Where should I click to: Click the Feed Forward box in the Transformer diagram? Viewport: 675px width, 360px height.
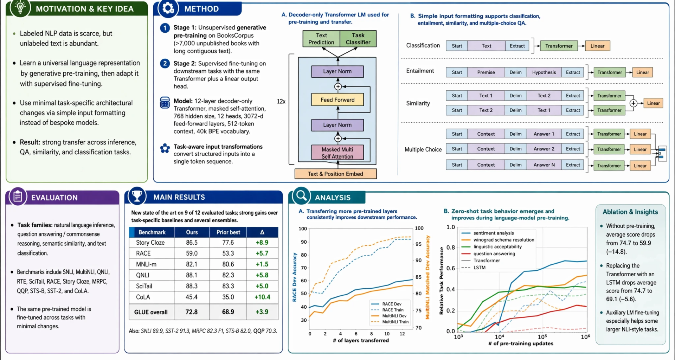337,100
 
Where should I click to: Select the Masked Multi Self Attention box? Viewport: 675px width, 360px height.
337,153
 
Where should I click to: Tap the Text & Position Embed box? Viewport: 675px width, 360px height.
335,174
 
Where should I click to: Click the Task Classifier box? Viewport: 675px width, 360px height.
358,39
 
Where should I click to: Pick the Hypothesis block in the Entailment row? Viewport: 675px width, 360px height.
544,72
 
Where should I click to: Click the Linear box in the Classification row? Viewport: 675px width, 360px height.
597,46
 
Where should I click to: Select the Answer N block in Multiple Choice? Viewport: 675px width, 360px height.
544,165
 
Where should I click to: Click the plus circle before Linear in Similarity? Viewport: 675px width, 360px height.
633,103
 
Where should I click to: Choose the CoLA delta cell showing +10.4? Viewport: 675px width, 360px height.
262,297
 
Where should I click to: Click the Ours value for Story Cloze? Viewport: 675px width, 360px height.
192,243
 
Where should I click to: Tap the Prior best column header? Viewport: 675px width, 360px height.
228,232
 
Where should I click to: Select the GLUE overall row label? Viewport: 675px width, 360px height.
151,312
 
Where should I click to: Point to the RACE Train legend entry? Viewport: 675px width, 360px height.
392,310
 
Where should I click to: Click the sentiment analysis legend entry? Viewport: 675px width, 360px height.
493,233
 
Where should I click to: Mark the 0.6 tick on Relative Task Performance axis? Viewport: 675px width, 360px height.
451,268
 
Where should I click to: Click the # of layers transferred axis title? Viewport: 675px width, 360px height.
361,340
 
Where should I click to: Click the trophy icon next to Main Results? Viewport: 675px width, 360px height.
137,196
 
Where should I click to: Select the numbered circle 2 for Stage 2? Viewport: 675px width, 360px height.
165,64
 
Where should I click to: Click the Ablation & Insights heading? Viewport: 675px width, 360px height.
630,212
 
